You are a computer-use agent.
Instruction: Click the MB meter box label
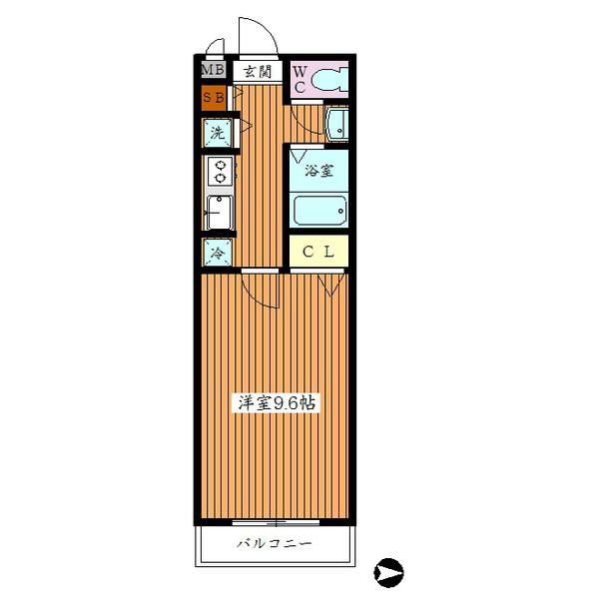coord(214,70)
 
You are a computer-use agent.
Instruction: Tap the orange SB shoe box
coord(214,98)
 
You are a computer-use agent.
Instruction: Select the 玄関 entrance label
coord(258,71)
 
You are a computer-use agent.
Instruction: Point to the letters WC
coord(299,80)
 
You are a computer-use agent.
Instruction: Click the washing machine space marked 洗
coord(218,133)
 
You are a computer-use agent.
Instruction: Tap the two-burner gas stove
coord(220,172)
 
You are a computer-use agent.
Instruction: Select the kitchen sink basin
coord(220,213)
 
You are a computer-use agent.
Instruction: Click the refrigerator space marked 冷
coord(218,253)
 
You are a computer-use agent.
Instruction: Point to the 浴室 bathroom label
coord(319,171)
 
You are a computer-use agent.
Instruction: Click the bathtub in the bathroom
coord(320,211)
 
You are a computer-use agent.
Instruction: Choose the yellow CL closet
coord(318,251)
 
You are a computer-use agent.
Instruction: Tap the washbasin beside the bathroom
coord(336,125)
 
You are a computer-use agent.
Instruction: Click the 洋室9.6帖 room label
coord(277,403)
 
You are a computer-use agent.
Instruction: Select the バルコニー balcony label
coord(274,543)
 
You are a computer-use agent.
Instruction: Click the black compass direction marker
coord(388,573)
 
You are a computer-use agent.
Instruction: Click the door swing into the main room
coord(253,298)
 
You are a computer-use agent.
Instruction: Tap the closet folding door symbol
coord(330,285)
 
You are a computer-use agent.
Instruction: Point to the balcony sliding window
coord(276,521)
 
